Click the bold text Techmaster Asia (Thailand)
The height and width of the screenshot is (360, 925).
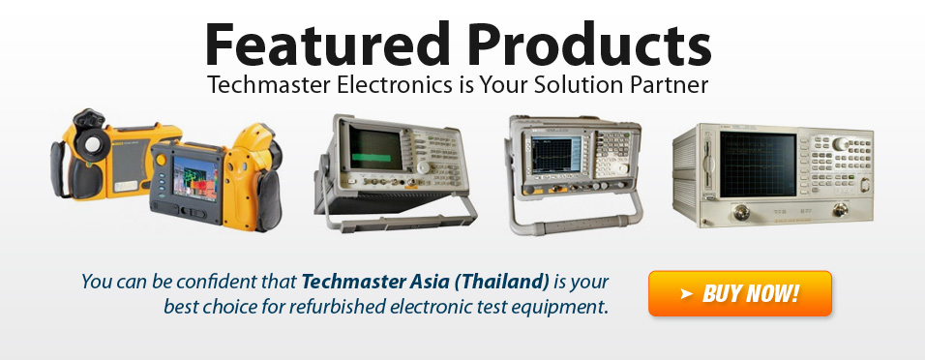tap(426, 282)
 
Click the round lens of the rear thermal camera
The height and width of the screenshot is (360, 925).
tap(93, 143)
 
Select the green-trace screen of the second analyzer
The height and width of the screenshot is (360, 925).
tap(375, 149)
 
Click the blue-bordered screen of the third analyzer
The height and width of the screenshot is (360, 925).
tap(556, 156)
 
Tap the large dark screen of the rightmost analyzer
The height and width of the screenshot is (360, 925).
tap(758, 165)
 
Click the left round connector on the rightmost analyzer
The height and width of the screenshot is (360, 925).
tap(742, 212)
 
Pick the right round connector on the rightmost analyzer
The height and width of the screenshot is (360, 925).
tap(840, 209)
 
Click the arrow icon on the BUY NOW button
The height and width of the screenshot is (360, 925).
tap(685, 293)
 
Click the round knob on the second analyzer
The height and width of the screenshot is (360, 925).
tap(423, 167)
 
